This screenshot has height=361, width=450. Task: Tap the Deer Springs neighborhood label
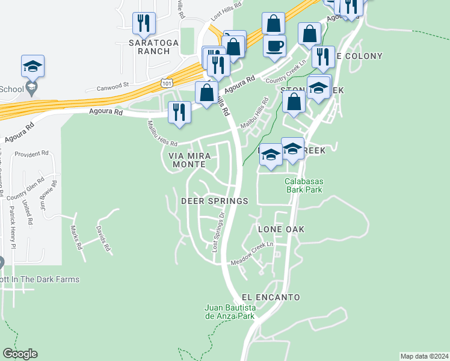pyautogui.click(x=215, y=201)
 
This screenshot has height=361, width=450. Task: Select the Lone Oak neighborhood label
pyautogui.click(x=281, y=229)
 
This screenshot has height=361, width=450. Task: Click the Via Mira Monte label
pyautogui.click(x=190, y=159)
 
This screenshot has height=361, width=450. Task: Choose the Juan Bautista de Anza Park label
pyautogui.click(x=230, y=312)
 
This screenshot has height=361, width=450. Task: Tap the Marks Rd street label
pyautogui.click(x=75, y=238)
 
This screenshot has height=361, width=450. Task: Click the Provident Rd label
pyautogui.click(x=31, y=154)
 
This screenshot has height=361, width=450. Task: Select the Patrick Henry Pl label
pyautogui.click(x=12, y=223)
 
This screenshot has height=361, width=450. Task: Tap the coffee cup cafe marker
pyautogui.click(x=274, y=47)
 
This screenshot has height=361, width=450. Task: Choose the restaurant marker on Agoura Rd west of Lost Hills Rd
pyautogui.click(x=180, y=113)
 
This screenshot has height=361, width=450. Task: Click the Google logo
pyautogui.click(x=20, y=354)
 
